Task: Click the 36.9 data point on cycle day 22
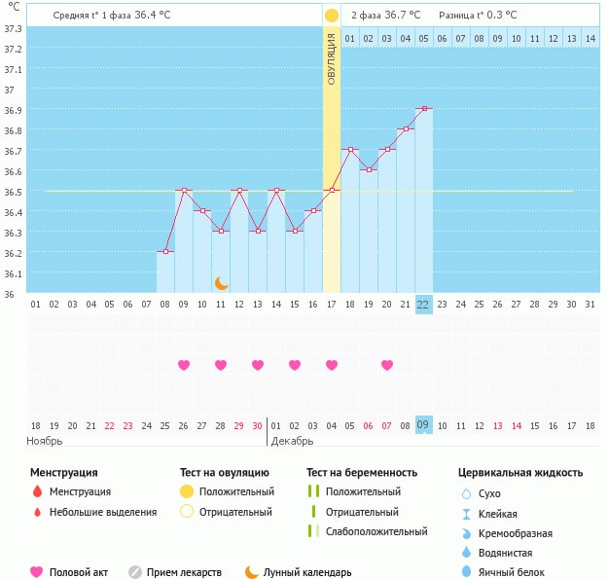424,109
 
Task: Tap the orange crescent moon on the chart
222,282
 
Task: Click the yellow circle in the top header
332,16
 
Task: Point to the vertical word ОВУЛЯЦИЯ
332,59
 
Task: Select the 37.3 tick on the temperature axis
13,28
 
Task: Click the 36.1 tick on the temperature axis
13,273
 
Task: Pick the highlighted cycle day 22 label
423,304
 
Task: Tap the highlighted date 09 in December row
423,425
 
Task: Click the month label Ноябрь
46,441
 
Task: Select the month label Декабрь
292,441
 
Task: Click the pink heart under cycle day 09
184,365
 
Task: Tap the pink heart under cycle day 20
387,365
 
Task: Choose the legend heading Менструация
63,473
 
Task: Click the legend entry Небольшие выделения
103,512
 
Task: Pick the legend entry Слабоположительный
376,531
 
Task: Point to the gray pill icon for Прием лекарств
135,572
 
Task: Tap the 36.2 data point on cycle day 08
165,252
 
